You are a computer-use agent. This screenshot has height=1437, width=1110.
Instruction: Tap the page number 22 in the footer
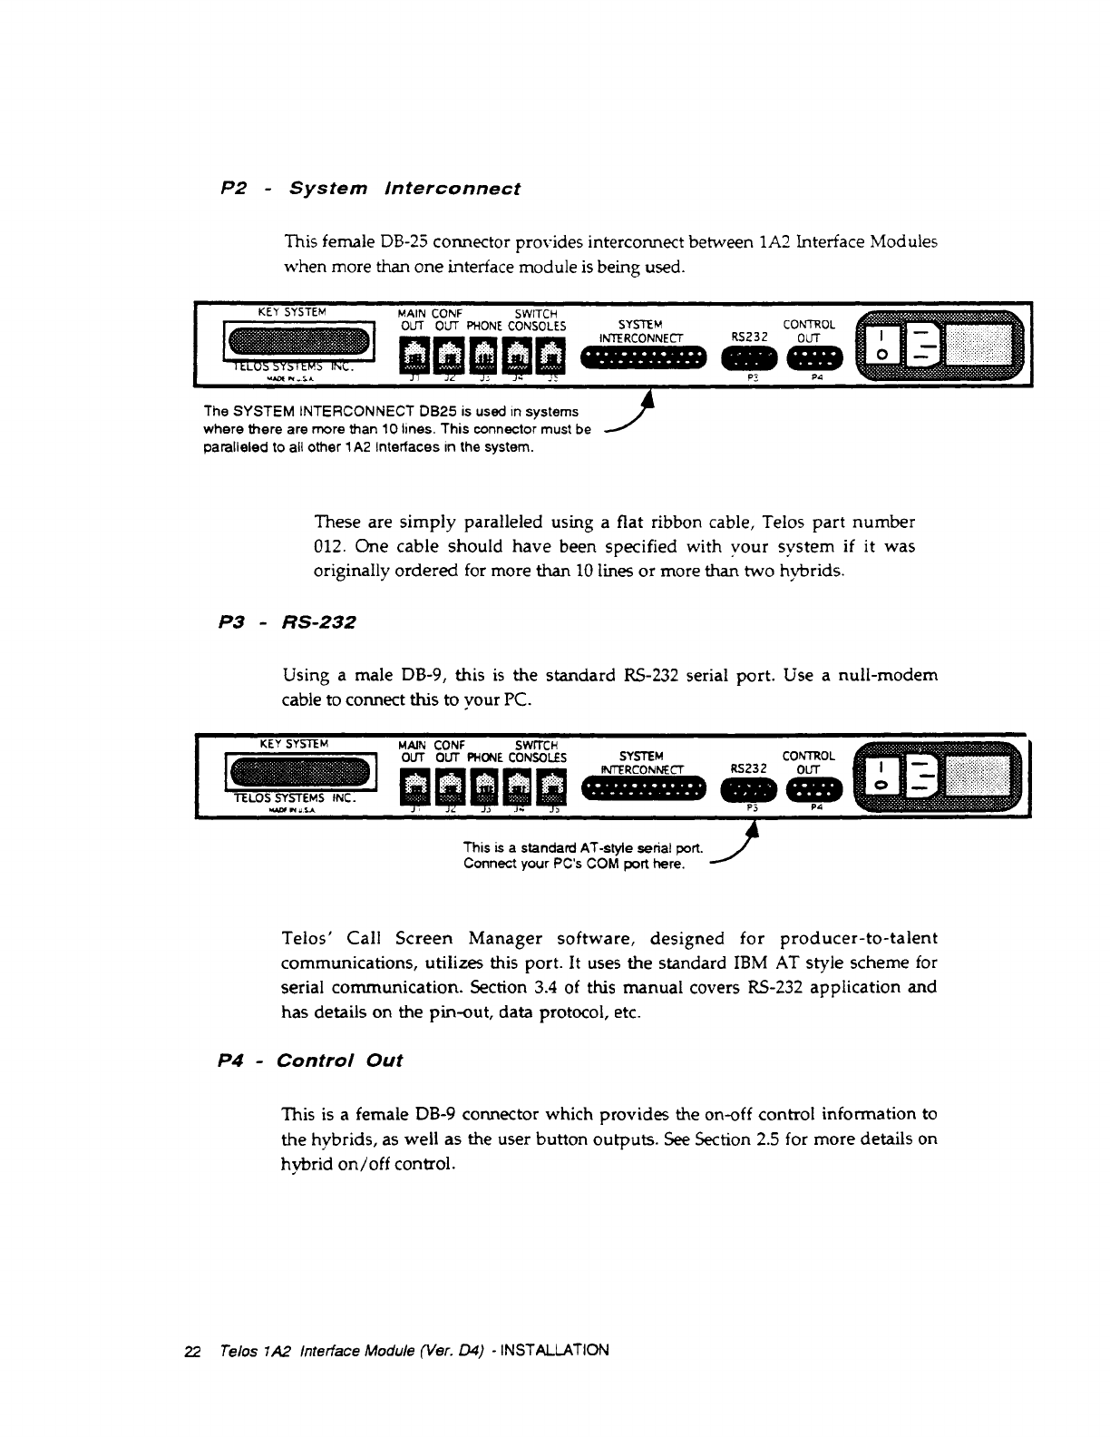coord(191,1350)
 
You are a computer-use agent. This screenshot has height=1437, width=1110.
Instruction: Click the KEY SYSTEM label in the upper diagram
coord(286,311)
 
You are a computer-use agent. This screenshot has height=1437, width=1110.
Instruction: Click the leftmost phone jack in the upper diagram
coord(414,355)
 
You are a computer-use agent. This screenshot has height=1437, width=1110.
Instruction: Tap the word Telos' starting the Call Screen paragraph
coord(311,938)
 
